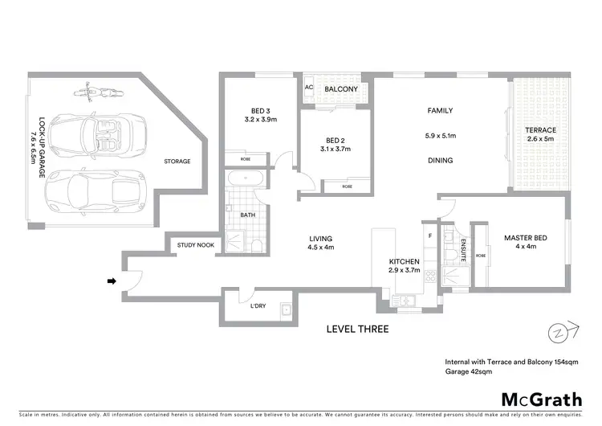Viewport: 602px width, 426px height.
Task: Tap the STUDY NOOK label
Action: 196,244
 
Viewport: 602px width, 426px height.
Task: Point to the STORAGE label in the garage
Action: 177,161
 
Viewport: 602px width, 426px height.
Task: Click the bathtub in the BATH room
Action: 244,181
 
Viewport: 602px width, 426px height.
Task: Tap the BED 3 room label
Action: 260,111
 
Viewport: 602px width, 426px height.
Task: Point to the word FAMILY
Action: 440,111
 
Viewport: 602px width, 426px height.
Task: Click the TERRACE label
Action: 540,130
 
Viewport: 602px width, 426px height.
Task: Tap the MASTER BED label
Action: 527,238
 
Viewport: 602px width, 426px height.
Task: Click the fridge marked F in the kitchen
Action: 430,237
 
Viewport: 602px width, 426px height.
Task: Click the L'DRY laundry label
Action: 258,306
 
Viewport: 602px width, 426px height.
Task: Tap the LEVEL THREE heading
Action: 358,329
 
